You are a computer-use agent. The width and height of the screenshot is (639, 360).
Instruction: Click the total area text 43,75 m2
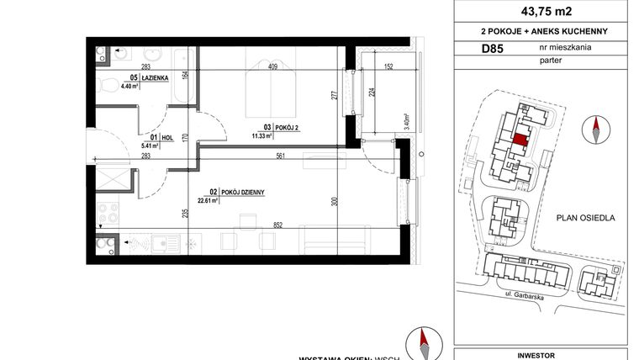[541, 11]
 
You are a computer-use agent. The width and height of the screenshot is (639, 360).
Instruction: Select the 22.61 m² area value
[207, 201]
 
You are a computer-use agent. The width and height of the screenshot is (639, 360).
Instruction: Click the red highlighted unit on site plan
[521, 140]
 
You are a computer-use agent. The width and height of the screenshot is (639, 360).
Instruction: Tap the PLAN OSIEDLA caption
[585, 217]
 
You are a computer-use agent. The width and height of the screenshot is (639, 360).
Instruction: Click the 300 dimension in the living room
[334, 203]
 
